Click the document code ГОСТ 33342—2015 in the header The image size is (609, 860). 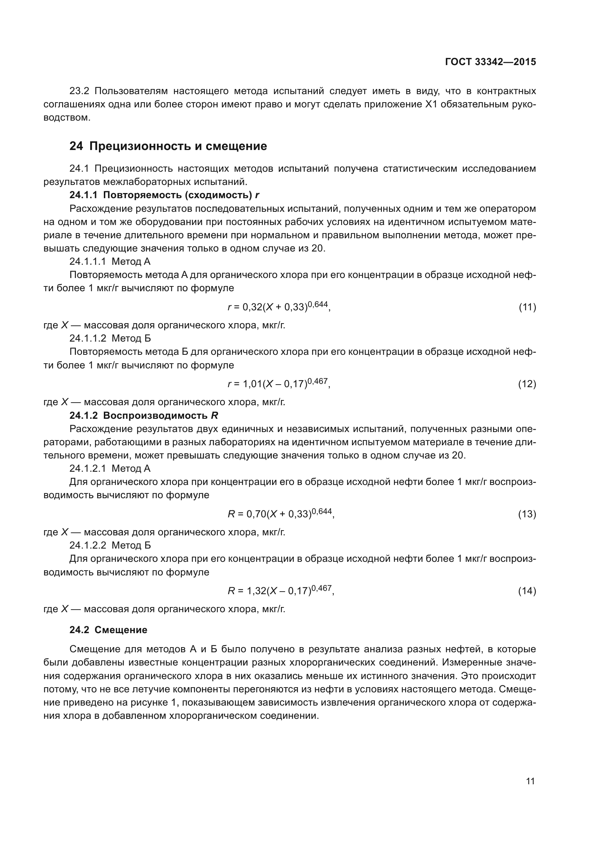tap(490, 62)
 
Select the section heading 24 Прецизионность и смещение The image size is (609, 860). tap(168, 146)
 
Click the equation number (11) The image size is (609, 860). tap(527, 307)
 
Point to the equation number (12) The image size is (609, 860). tap(527, 384)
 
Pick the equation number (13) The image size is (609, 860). tap(527, 514)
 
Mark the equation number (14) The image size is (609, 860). tap(527, 591)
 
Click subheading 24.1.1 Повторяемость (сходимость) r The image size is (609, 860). tap(164, 195)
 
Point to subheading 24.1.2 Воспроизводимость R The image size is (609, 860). tap(144, 416)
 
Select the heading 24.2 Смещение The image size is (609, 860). tap(108, 630)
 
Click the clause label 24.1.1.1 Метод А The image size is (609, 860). tap(110, 261)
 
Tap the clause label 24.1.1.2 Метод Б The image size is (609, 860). tap(110, 339)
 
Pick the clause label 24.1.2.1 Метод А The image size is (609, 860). tap(110, 468)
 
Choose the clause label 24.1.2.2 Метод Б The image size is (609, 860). tap(110, 545)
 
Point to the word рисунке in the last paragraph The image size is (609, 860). tap(147, 703)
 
